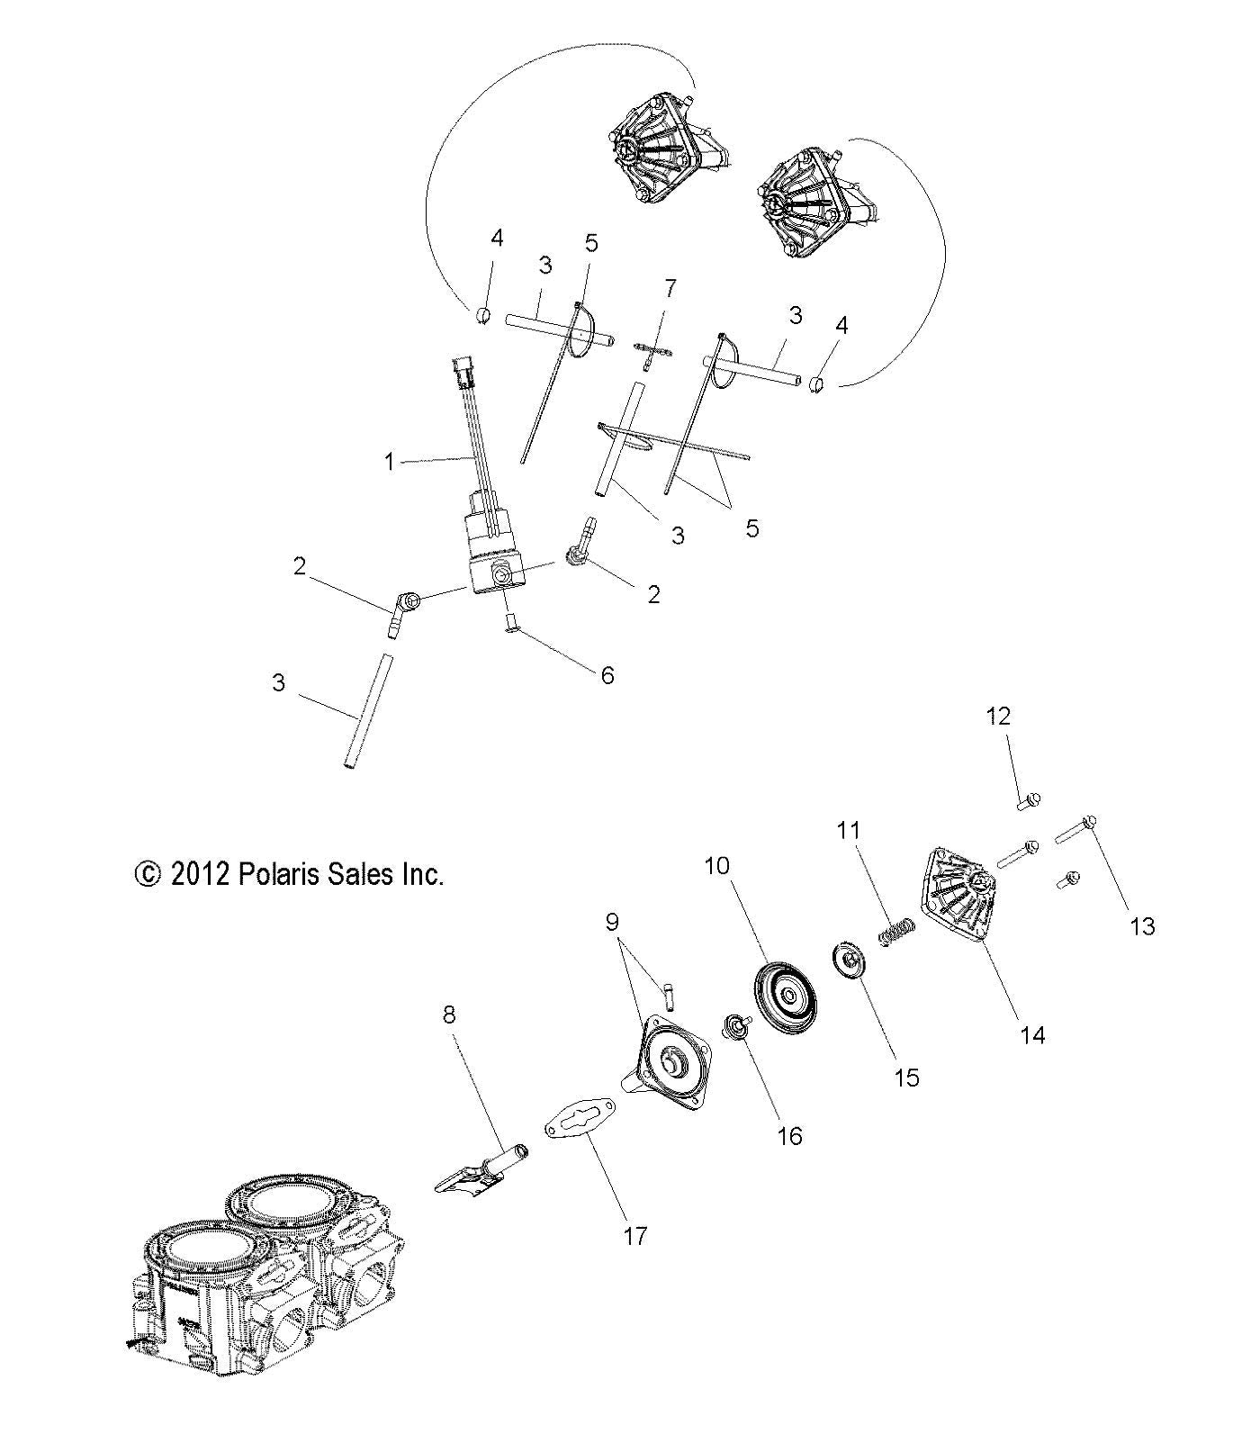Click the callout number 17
634,1236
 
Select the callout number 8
449,1015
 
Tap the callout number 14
1032,1035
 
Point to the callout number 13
1142,925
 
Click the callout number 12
999,716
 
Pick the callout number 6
607,675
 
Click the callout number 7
669,289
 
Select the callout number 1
389,462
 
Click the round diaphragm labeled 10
786,996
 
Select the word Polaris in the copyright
281,873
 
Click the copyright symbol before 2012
146,874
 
